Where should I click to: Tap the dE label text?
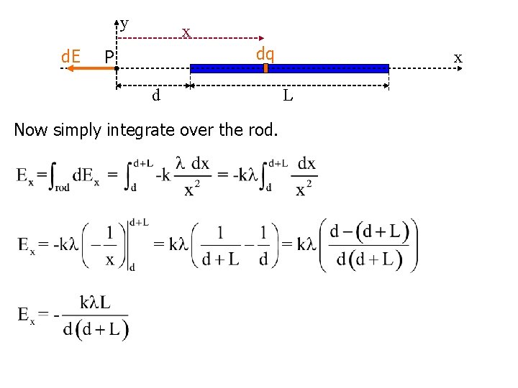point(70,55)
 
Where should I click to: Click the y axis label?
point(124,24)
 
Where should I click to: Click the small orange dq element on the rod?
point(265,68)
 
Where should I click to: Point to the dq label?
point(265,53)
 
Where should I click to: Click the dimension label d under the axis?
point(155,95)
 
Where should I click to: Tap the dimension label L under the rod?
point(287,95)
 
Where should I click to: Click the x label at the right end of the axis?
point(458,57)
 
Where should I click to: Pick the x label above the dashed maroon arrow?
point(186,32)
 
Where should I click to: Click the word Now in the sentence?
point(29,130)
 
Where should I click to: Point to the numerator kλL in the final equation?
point(96,302)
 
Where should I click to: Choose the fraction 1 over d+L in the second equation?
point(220,246)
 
